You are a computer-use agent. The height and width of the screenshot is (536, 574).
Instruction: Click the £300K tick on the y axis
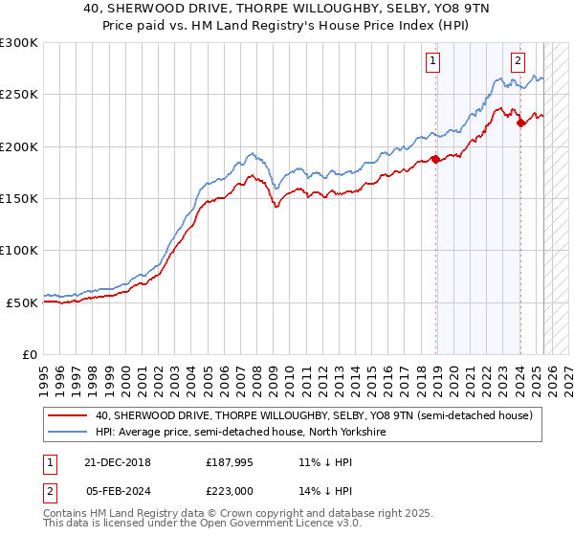18,43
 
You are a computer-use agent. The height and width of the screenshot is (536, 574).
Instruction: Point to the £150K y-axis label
18,199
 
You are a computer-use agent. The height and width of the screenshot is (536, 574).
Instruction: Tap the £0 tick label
30,354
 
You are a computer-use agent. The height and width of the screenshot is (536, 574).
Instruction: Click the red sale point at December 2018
435,160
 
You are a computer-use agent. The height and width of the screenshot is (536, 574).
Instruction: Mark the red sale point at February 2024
520,123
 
